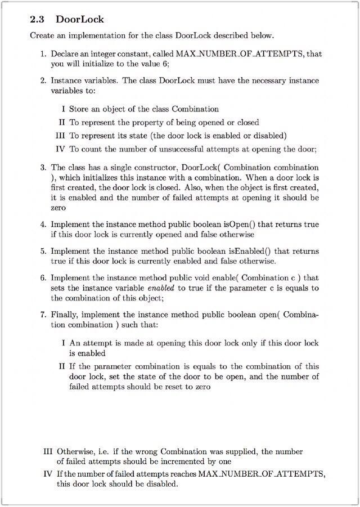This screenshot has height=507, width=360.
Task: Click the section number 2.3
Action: pos(37,19)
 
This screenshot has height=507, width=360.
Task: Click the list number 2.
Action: pos(43,80)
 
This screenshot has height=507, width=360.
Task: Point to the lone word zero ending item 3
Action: pos(58,208)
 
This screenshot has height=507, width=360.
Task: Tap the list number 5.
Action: pos(43,251)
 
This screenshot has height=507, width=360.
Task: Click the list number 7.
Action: pos(43,315)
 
